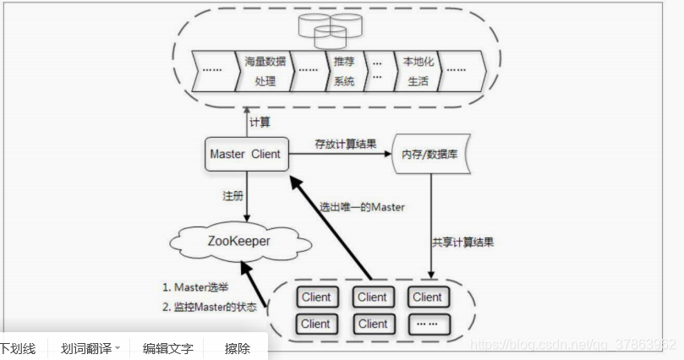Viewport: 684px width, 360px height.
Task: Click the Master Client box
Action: pyautogui.click(x=245, y=155)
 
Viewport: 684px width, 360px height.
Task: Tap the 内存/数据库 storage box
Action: pyautogui.click(x=426, y=155)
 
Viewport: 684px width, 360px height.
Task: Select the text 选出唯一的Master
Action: pyautogui.click(x=361, y=207)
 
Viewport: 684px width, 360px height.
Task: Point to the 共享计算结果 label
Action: pyautogui.click(x=462, y=243)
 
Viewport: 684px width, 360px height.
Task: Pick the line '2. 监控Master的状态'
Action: pyautogui.click(x=209, y=307)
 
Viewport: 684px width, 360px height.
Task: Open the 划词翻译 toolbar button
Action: pyautogui.click(x=90, y=348)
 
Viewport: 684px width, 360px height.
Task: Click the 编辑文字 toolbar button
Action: pyautogui.click(x=167, y=348)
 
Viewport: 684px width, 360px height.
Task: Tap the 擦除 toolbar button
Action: pyautogui.click(x=238, y=348)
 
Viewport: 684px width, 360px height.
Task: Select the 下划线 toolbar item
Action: pyautogui.click(x=18, y=348)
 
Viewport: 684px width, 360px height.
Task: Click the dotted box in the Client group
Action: pyautogui.click(x=427, y=324)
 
